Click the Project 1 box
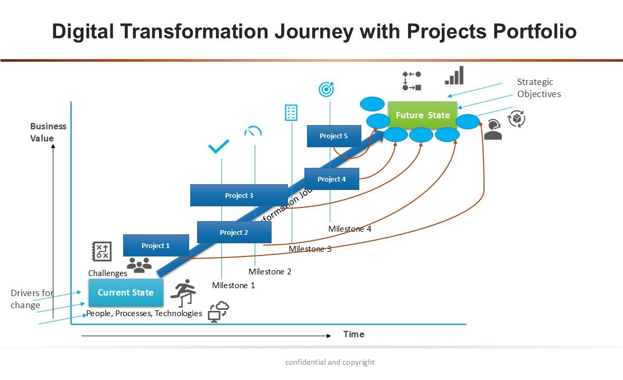[156, 245]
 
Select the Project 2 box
[234, 232]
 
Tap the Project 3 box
[239, 195]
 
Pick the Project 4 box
[332, 179]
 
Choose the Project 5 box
[334, 136]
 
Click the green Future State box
[423, 115]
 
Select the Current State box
[126, 292]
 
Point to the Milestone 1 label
[234, 286]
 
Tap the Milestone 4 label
[350, 229]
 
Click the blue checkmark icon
[219, 146]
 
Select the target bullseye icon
[327, 89]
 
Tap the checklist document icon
[291, 112]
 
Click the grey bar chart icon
[454, 75]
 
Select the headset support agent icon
[493, 130]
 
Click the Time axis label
[354, 334]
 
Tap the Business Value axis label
[48, 132]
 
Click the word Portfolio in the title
[535, 32]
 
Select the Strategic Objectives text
[539, 88]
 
